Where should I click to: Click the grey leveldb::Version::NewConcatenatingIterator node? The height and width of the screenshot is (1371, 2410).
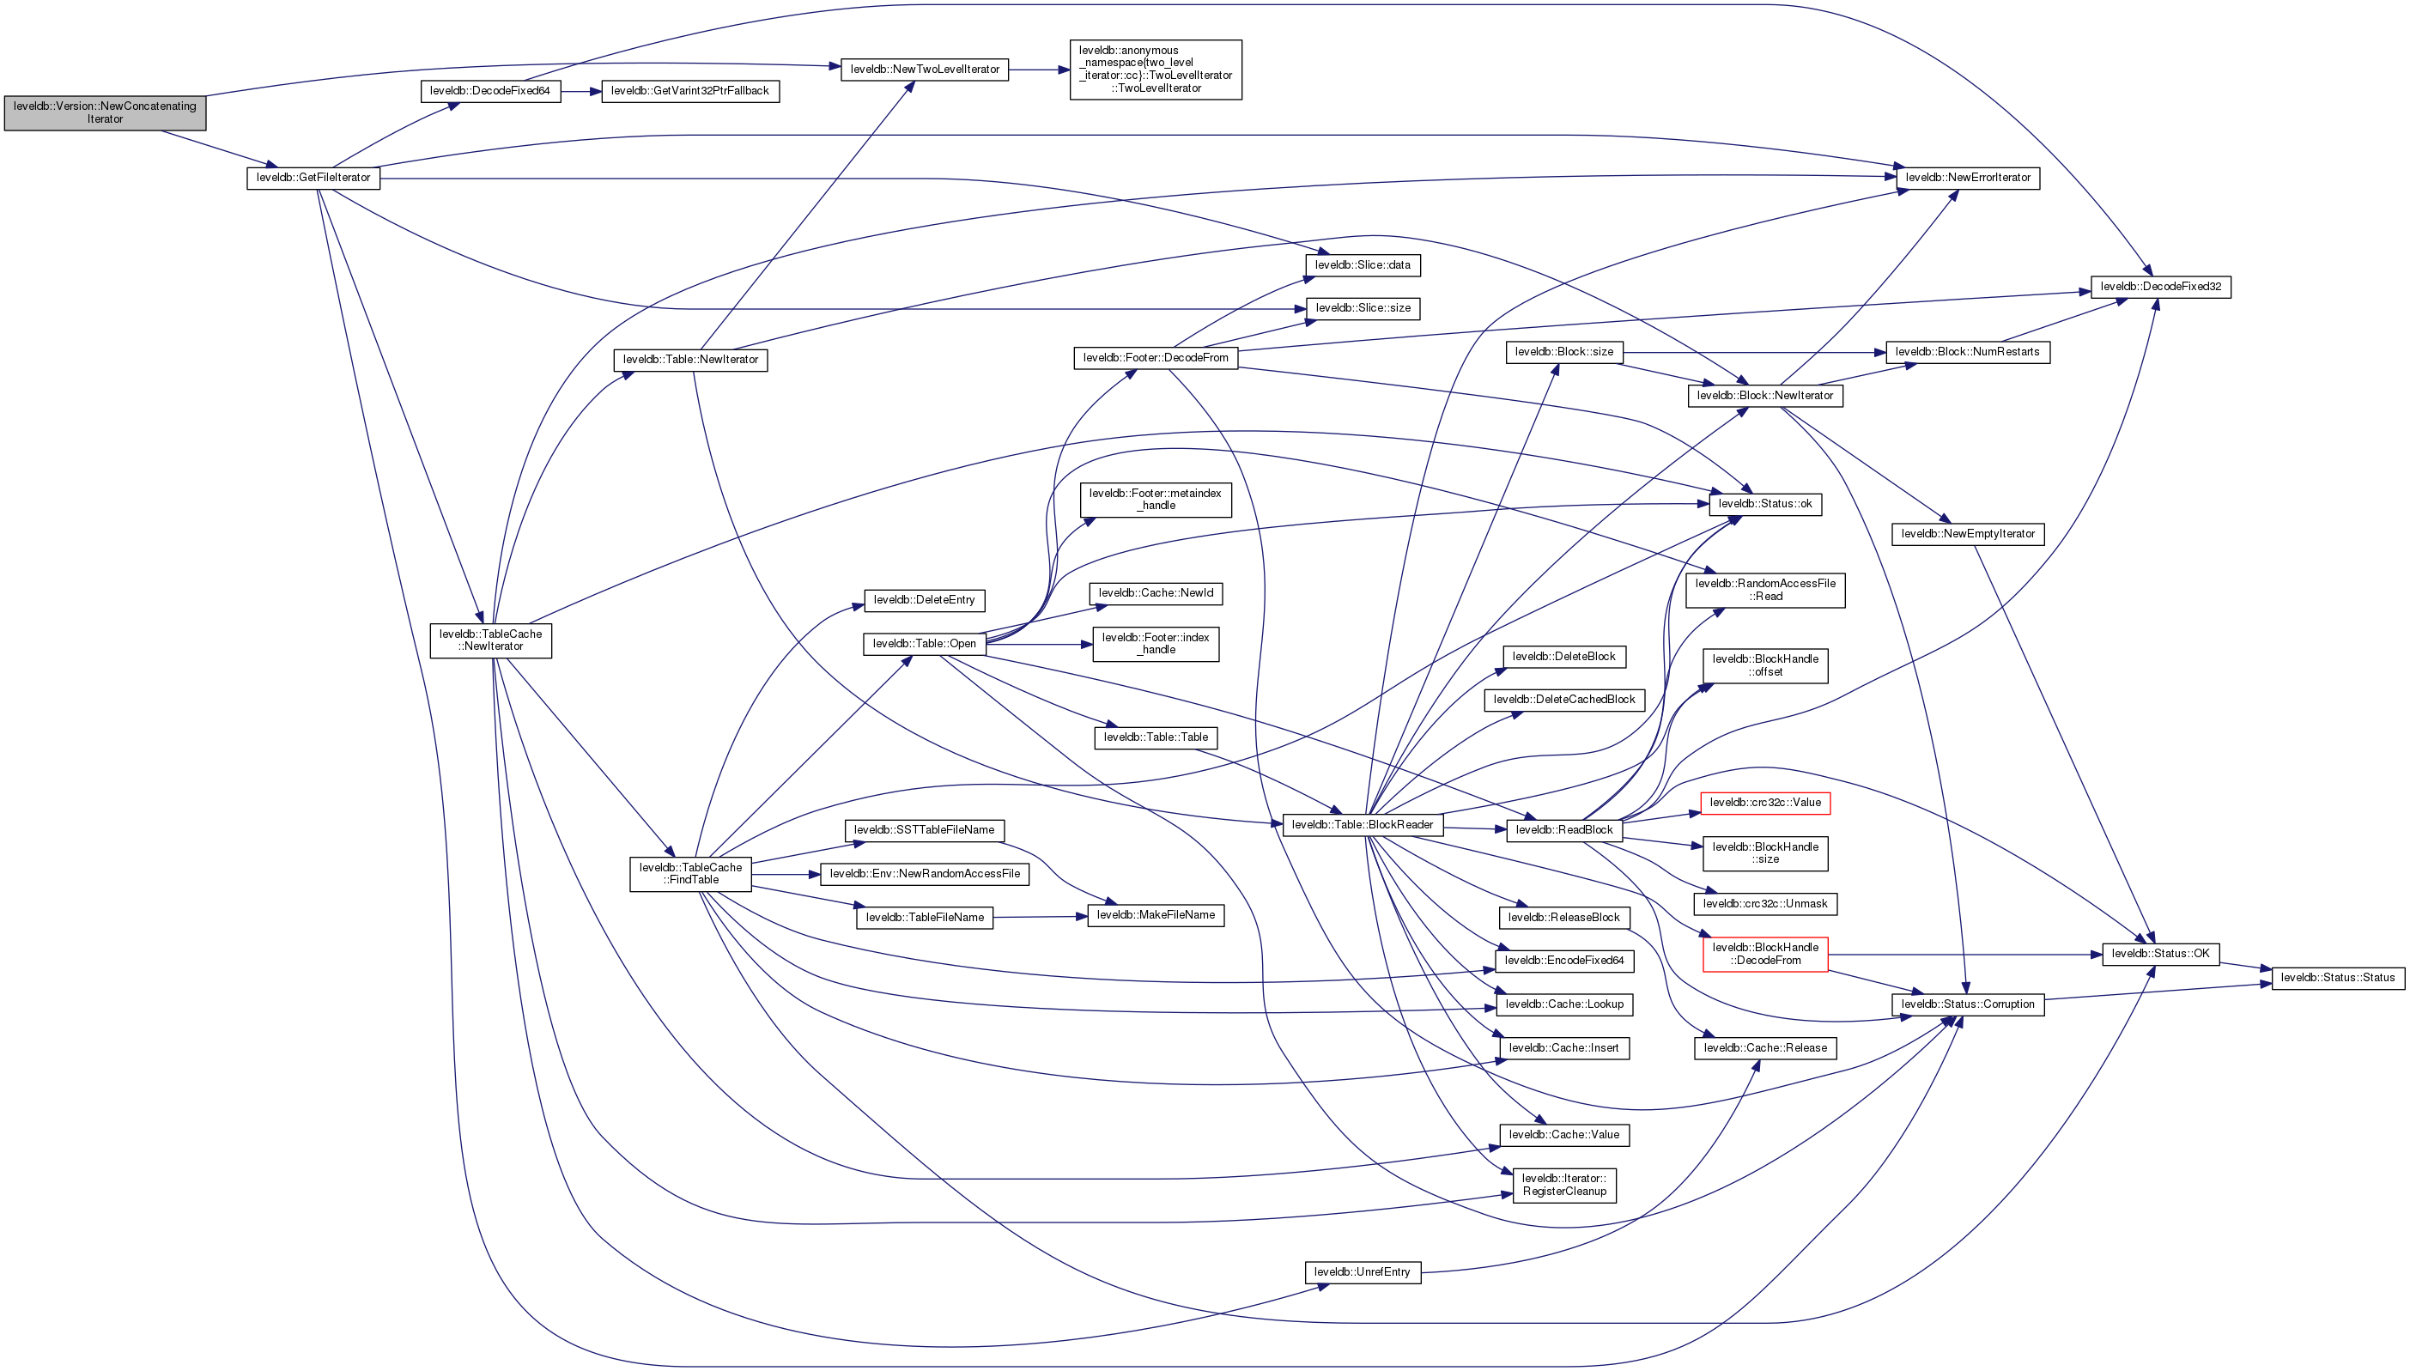105,112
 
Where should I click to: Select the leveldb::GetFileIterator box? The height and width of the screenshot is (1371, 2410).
313,178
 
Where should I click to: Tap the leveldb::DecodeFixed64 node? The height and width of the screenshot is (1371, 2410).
489,91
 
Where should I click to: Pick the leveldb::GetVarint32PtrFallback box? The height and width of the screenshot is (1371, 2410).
689,91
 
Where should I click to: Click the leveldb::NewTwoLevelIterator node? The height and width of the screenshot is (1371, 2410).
924,70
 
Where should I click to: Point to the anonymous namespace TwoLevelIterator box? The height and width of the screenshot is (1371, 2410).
1155,70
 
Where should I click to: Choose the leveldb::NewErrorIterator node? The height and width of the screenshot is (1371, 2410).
1967,178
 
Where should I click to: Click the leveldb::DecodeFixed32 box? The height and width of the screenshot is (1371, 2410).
2159,286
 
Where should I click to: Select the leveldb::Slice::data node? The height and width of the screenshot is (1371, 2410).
1363,265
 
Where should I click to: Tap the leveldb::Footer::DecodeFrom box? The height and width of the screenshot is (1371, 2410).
1155,358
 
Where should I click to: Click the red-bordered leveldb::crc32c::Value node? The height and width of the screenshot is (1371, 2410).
1764,804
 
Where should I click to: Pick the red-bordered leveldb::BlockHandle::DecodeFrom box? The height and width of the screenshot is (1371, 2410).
1764,954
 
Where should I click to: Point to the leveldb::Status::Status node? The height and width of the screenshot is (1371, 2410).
2338,978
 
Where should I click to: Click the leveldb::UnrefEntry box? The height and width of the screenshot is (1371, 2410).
1362,1272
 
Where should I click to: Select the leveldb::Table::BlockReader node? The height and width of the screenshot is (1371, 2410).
1362,825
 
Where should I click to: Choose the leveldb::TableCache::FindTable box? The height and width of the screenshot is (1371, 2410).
690,874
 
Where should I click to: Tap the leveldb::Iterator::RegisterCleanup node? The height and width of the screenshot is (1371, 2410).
1563,1185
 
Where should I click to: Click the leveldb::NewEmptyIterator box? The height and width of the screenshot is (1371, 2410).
1968,534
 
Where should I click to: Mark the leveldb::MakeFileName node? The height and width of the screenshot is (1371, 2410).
1155,915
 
